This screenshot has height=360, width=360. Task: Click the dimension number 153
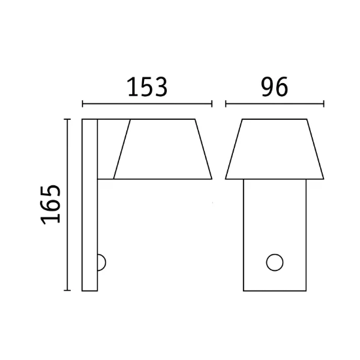(147, 87)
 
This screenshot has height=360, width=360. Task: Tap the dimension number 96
(275, 87)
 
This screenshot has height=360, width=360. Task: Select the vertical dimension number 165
(50, 204)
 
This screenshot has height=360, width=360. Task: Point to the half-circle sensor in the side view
(105, 262)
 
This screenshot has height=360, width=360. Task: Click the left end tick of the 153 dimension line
(82, 104)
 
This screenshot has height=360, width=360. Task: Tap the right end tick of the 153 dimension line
(211, 104)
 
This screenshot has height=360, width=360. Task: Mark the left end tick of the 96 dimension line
(226, 104)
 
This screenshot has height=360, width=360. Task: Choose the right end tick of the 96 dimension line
(323, 104)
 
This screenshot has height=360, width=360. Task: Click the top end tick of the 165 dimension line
(67, 119)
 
